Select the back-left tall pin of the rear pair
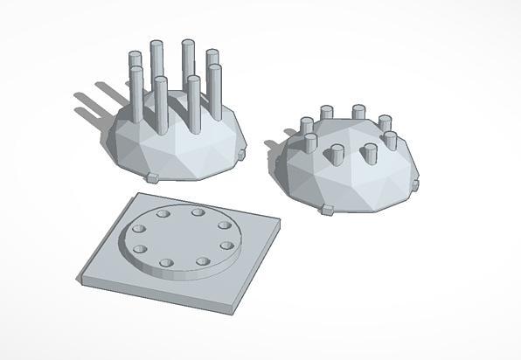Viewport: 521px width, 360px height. pos(156,61)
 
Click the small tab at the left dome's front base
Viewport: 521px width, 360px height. pos(150,178)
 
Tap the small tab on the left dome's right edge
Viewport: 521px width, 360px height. pos(240,156)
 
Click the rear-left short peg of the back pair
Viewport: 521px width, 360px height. pos(326,113)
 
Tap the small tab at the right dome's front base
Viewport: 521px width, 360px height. pos(327,211)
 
